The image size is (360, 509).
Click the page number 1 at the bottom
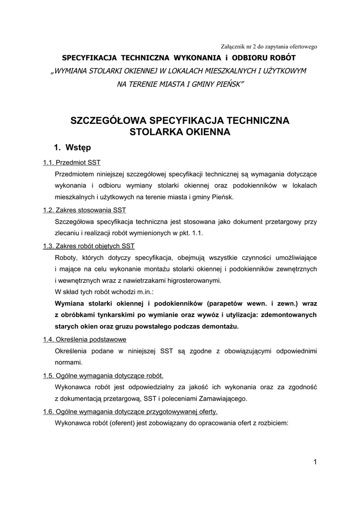[315, 462]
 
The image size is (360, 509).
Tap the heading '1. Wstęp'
[72, 148]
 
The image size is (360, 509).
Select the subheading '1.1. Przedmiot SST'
[72, 163]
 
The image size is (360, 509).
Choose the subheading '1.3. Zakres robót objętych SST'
[89, 246]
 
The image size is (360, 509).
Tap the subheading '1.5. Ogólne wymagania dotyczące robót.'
[103, 375]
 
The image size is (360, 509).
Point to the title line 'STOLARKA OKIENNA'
[180, 132]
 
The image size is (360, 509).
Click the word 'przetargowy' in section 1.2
[279, 222]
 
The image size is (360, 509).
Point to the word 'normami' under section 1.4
[69, 362]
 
